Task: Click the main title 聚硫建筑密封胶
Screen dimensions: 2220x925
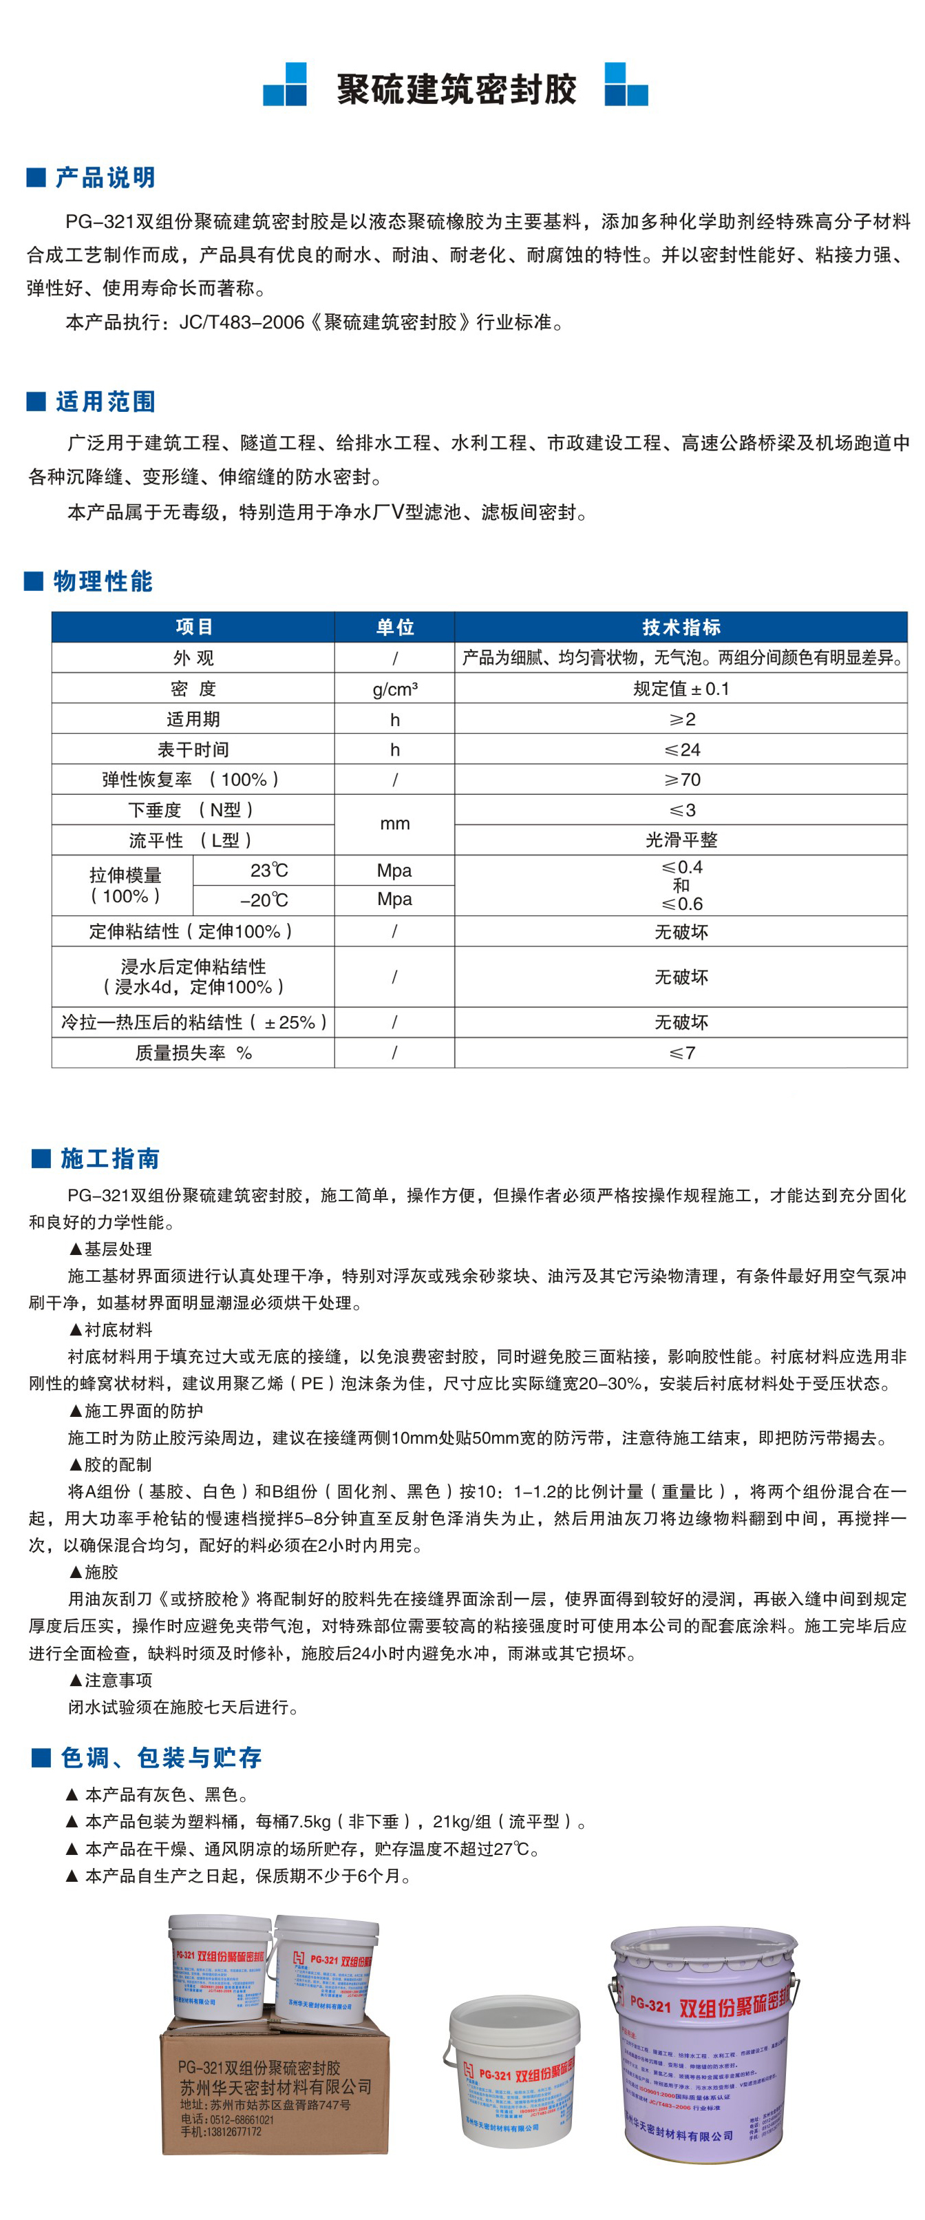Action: pyautogui.click(x=456, y=89)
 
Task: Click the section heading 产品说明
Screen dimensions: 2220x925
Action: pyautogui.click(x=105, y=178)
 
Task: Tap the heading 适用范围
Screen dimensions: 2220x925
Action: pyautogui.click(x=105, y=402)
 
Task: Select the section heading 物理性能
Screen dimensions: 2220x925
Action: pyautogui.click(x=103, y=582)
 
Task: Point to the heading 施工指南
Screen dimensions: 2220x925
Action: pyautogui.click(x=109, y=1159)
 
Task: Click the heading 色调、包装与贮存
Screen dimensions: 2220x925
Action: pyautogui.click(x=160, y=1758)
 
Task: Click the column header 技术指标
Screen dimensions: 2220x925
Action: pyautogui.click(x=681, y=627)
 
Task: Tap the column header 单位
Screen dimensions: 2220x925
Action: pyautogui.click(x=394, y=627)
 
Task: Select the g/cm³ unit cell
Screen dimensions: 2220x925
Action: pyautogui.click(x=394, y=689)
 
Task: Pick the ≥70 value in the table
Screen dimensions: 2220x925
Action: pyautogui.click(x=681, y=780)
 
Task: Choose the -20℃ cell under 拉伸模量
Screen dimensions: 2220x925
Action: pyautogui.click(x=264, y=900)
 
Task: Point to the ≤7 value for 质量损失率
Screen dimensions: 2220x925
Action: pyautogui.click(x=681, y=1053)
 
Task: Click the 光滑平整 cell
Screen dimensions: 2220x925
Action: pyautogui.click(x=681, y=840)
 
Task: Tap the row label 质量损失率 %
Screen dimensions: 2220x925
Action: pyautogui.click(x=193, y=1053)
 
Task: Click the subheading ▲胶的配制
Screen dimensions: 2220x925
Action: pyautogui.click(x=110, y=1465)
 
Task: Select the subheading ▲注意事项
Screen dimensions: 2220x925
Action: pyautogui.click(x=110, y=1681)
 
